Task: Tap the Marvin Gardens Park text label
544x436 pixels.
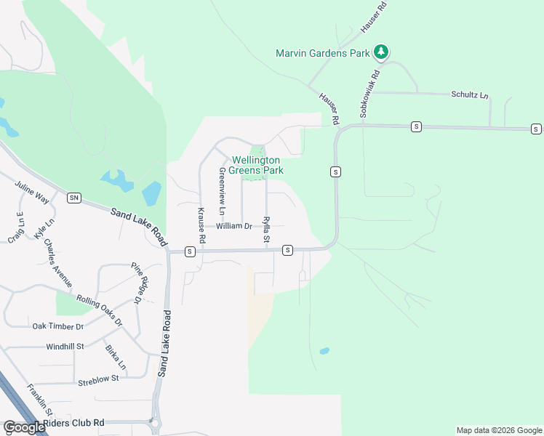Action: click(x=323, y=52)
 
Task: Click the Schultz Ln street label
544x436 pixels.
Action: click(x=470, y=95)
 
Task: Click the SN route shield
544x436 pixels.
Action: click(x=73, y=198)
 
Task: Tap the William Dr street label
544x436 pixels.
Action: click(x=233, y=226)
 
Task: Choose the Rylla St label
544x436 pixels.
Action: click(x=266, y=229)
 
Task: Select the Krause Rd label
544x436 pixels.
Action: click(x=201, y=226)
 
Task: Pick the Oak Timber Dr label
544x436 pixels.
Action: click(x=58, y=326)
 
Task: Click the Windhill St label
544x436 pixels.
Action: click(x=65, y=347)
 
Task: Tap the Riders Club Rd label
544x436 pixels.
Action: click(x=73, y=422)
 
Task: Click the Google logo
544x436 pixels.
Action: click(x=23, y=427)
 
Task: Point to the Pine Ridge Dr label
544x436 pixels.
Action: click(x=137, y=283)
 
